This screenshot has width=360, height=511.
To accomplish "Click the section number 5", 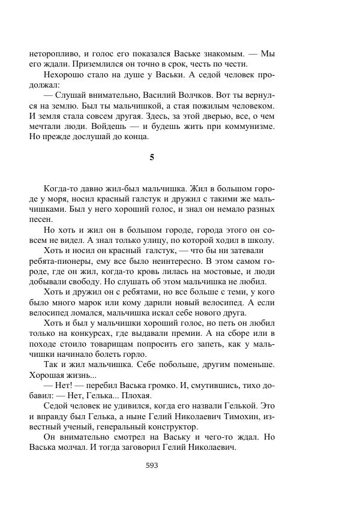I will [152, 157].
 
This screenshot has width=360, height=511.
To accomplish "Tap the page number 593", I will [152, 465].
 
